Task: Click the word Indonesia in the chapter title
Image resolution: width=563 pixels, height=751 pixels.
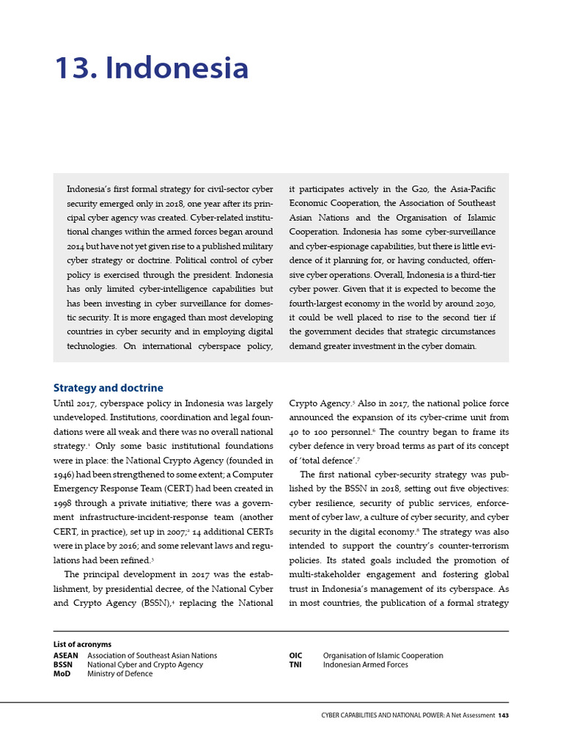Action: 177,69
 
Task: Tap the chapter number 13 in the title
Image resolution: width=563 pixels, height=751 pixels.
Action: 76,69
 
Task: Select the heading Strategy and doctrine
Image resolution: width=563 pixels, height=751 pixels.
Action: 108,388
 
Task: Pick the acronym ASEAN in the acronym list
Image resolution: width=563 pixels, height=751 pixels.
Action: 66,656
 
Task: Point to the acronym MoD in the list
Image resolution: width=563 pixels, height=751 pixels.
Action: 62,674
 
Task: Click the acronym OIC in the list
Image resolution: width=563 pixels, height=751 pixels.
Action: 295,656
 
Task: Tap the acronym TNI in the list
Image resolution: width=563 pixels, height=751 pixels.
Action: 295,665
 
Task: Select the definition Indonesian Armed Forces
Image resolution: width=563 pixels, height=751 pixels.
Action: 365,665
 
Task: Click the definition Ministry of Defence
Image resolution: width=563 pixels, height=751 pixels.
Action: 120,674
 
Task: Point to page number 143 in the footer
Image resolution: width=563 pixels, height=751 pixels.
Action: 503,716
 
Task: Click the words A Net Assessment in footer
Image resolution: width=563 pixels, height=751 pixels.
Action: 466,716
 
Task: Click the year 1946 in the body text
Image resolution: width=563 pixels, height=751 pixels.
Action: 65,475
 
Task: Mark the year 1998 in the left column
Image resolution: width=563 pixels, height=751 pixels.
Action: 65,502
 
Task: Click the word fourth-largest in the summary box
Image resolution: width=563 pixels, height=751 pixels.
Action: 320,304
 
